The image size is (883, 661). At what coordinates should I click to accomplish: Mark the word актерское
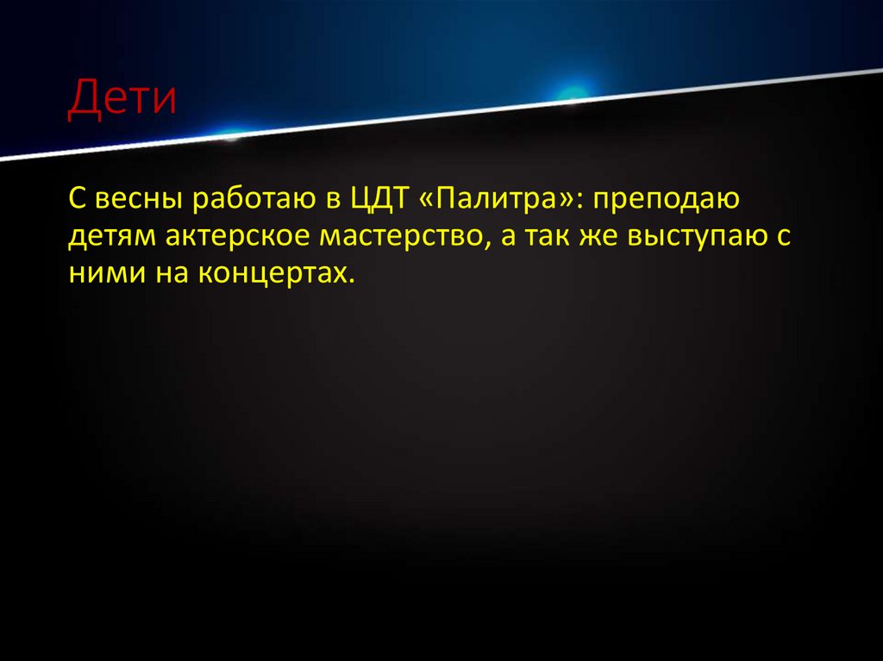[x=229, y=237]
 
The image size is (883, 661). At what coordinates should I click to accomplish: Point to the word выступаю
[x=705, y=237]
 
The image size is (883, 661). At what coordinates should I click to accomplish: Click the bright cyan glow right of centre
[x=571, y=91]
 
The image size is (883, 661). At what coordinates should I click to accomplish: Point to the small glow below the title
[x=231, y=134]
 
